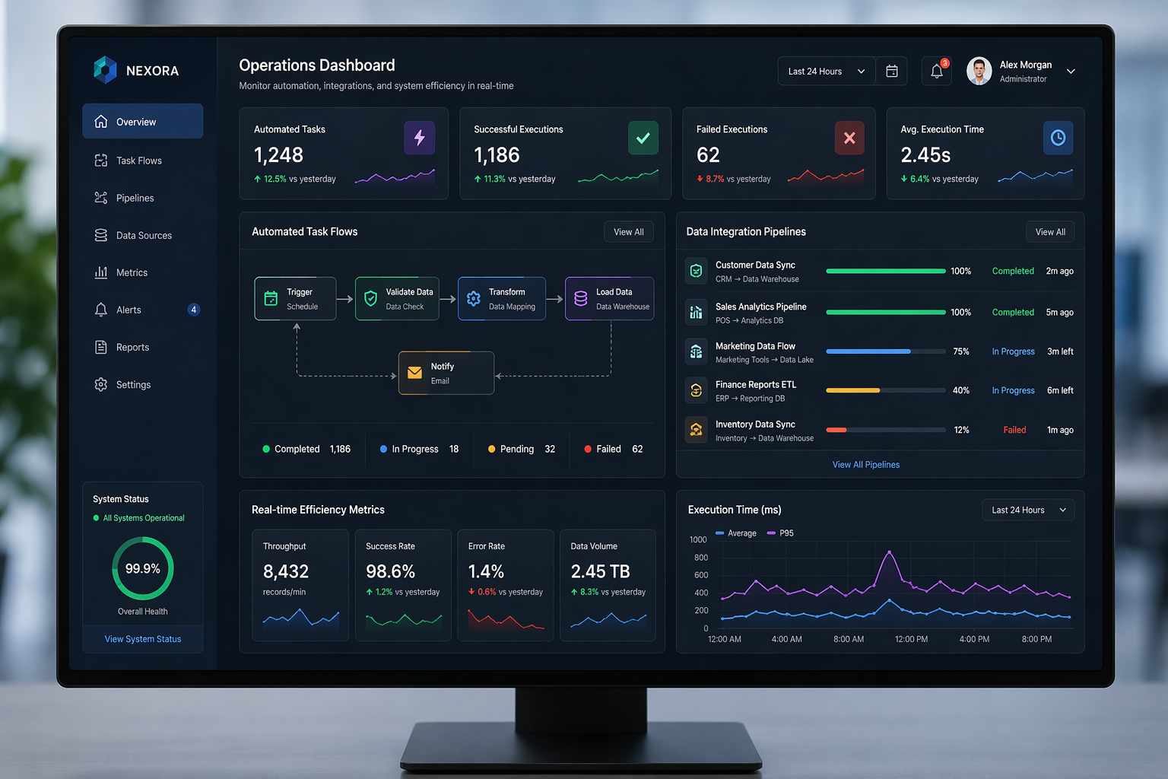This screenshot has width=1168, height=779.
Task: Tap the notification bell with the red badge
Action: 937,71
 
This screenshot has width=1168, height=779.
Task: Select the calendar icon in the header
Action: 892,71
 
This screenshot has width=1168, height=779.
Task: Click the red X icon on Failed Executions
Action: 849,138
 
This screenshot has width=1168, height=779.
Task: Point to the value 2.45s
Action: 925,155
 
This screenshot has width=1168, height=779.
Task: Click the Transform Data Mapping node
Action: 502,298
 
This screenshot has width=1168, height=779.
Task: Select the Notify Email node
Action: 446,373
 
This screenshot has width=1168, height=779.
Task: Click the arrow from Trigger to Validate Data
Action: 344,299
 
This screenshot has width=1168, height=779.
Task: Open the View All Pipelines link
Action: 865,464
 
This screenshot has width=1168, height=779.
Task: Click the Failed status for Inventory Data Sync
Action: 1014,430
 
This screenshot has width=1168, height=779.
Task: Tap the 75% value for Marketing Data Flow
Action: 961,351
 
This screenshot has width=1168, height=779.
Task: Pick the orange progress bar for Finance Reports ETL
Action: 853,390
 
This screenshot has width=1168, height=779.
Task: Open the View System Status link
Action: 143,639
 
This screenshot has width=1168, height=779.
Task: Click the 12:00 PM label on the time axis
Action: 911,639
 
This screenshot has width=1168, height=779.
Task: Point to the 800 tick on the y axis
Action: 701,558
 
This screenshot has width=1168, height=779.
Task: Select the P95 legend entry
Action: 780,533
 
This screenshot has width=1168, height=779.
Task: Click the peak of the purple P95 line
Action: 889,552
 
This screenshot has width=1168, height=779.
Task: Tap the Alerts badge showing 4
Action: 193,310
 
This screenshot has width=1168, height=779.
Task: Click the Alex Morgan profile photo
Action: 979,71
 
